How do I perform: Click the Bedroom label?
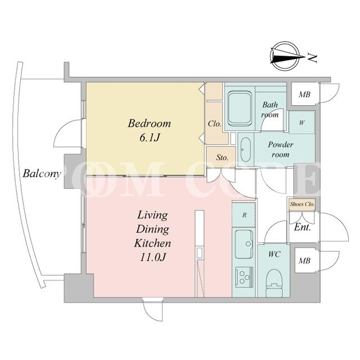(149, 124)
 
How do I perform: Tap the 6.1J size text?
(150, 137)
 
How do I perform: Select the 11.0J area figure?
(152, 257)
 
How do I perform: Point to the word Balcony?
(42, 174)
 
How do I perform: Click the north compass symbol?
(288, 56)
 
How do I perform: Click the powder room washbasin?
(245, 150)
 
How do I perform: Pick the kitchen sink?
(244, 244)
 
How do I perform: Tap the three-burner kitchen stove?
(244, 277)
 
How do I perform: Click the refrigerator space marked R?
(244, 215)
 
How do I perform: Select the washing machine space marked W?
(301, 123)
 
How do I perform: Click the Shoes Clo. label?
(302, 204)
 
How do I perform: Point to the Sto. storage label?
(222, 157)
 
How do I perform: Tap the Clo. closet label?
(215, 124)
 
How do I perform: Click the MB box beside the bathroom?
(304, 94)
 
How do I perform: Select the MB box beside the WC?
(304, 260)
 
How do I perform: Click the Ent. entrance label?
(303, 227)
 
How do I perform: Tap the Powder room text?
(281, 150)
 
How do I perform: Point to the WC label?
(274, 254)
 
